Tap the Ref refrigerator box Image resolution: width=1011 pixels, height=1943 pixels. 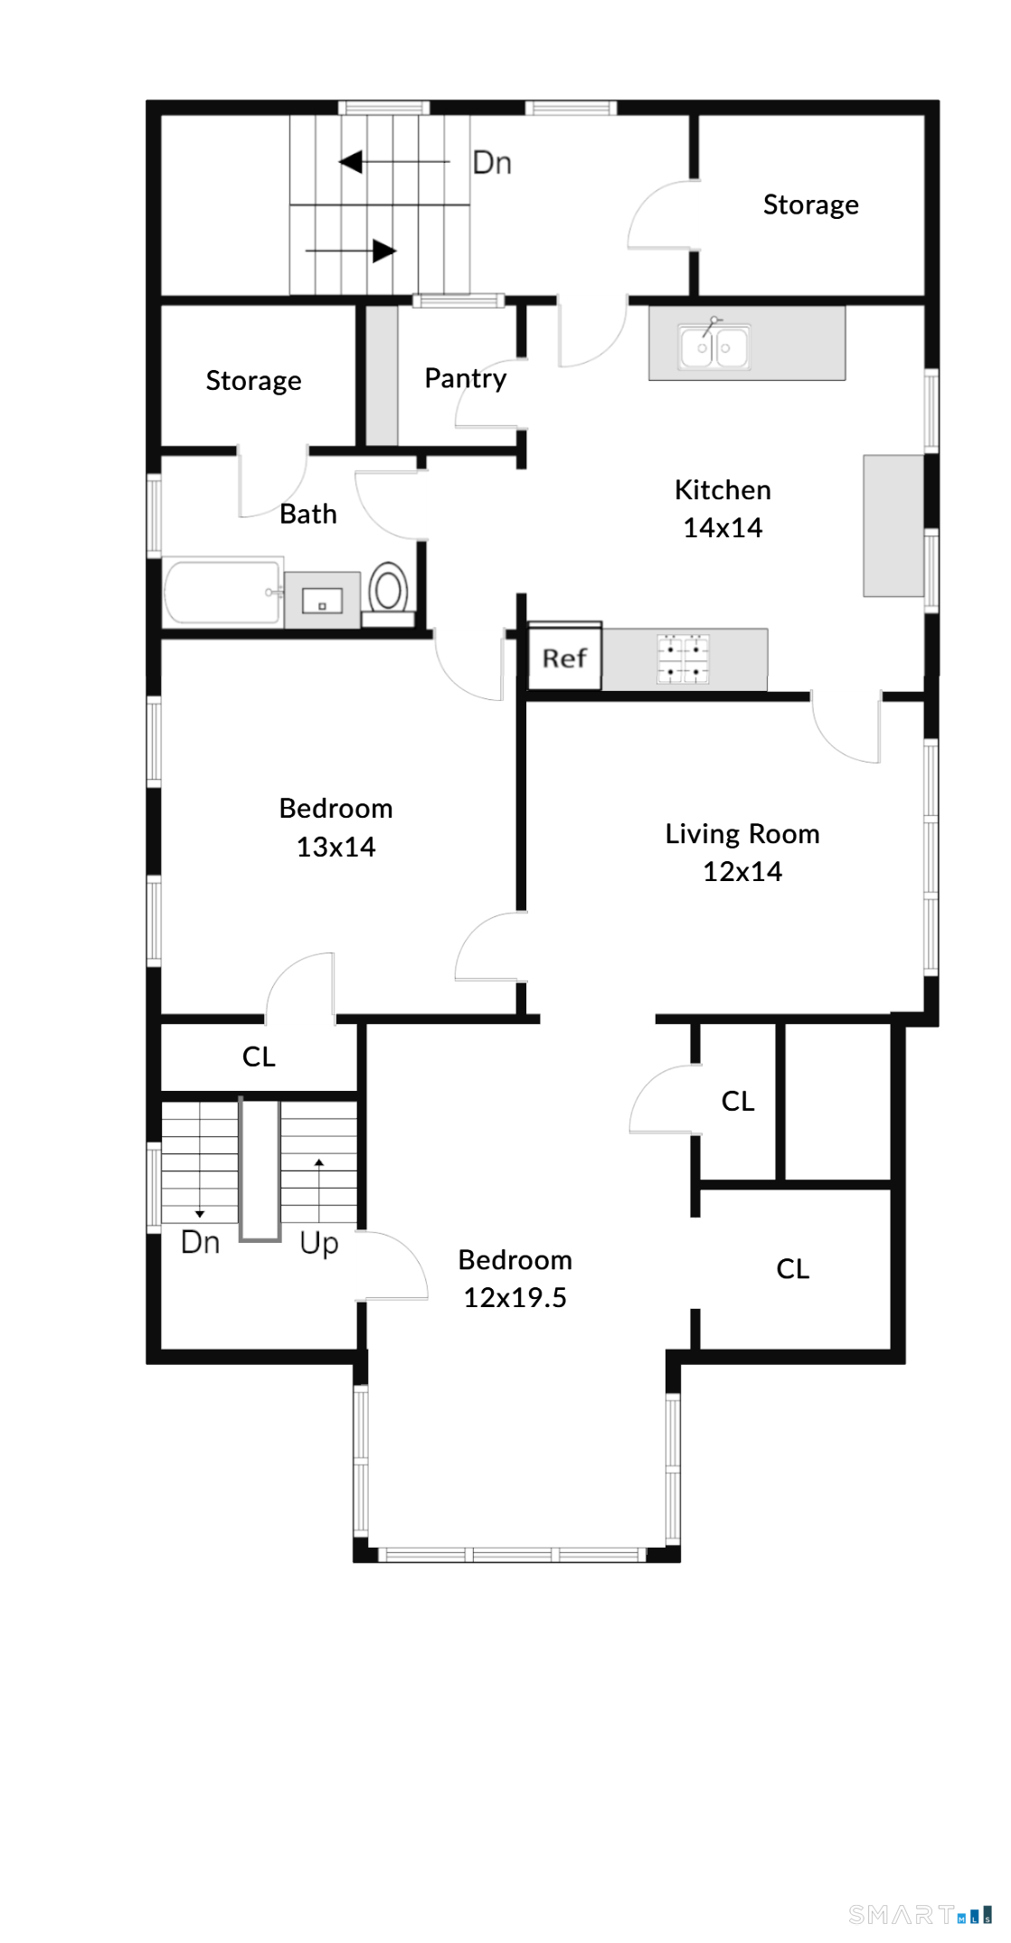564,658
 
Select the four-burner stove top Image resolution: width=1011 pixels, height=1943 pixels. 683,659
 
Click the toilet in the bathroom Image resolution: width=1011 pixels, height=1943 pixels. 388,592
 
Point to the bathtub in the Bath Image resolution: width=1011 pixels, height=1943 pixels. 222,592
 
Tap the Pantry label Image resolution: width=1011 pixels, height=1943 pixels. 465,378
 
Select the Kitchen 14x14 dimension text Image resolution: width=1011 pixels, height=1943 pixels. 722,527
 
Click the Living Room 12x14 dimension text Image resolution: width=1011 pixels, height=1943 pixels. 742,871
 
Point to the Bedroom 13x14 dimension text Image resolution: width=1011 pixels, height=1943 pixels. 335,847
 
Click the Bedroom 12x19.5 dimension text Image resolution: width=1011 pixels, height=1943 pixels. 515,1297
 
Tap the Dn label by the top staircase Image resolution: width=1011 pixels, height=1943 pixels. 492,163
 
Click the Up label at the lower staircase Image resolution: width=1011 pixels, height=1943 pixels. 318,1243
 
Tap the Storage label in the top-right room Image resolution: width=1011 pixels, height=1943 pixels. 810,205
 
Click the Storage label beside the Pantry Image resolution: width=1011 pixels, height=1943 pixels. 253,381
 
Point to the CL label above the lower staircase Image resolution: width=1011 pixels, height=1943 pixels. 259,1057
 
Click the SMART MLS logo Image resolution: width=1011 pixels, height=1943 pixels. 919,1914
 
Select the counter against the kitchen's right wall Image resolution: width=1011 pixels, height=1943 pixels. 893,526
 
